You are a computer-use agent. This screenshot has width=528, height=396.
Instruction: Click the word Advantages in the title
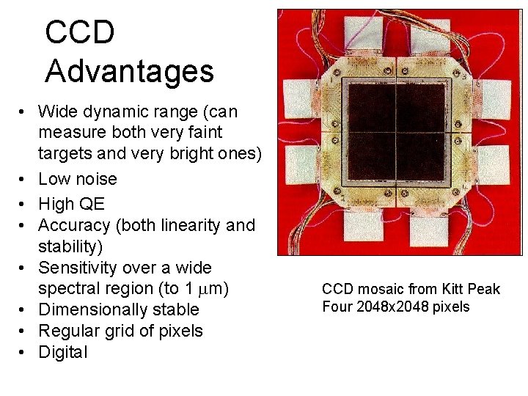click(x=129, y=71)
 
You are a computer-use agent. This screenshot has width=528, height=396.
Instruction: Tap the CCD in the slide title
click(x=80, y=33)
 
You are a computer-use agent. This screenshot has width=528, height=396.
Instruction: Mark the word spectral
click(x=71, y=289)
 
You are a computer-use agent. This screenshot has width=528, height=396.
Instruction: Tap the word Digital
click(x=62, y=352)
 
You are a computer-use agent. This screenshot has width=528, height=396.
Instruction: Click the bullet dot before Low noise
click(x=23, y=179)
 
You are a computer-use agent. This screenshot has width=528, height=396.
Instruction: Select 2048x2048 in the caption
click(x=395, y=307)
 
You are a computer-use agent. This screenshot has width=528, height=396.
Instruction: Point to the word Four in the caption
click(x=337, y=307)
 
